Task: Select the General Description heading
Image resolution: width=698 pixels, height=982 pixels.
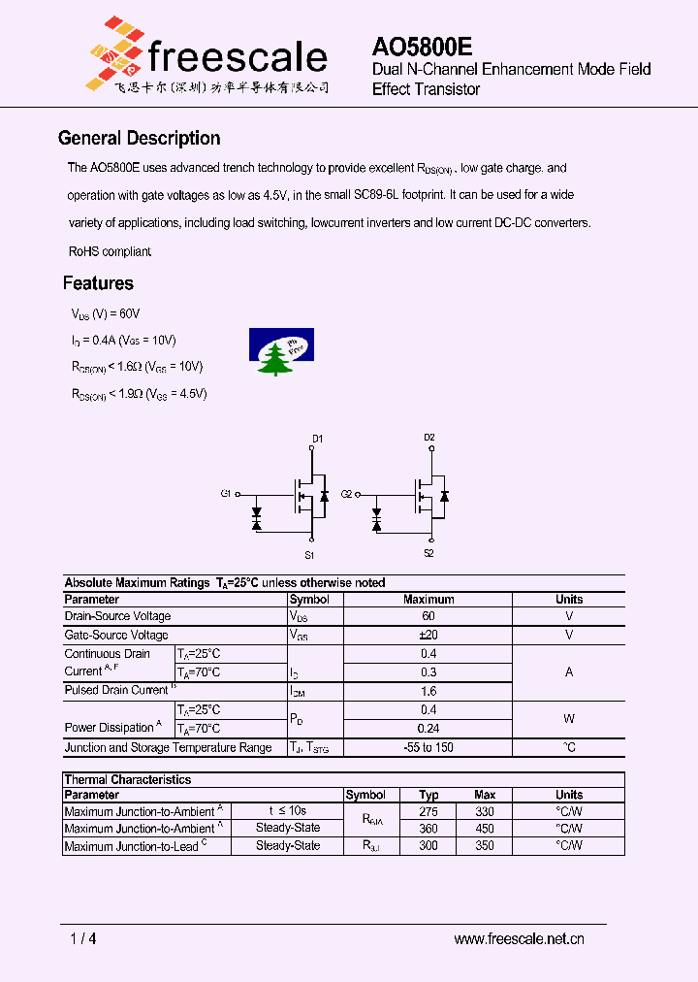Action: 140,138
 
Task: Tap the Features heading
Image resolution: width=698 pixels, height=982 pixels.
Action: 98,283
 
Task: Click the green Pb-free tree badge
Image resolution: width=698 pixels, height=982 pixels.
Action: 281,351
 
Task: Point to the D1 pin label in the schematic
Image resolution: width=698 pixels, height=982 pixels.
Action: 318,439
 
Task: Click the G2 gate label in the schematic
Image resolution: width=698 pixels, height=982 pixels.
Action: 346,494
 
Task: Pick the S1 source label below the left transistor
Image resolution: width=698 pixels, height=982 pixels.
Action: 309,555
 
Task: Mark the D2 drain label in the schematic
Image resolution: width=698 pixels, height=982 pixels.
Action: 429,438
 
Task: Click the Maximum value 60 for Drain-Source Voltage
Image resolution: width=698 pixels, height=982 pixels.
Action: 428,616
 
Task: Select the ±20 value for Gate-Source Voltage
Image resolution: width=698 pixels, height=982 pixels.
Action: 428,635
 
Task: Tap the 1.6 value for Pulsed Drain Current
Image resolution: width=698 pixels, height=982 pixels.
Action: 428,691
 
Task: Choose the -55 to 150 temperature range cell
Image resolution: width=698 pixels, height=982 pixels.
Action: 428,747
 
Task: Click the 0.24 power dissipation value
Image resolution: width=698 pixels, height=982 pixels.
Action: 428,729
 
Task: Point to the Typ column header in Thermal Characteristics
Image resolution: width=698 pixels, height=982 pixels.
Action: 428,795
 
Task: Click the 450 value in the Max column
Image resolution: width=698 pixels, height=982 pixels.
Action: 485,829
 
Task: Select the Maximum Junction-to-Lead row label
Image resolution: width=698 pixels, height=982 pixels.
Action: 134,846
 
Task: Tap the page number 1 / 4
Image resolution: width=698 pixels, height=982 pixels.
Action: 83,938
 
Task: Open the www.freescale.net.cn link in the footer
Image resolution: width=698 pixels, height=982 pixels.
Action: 519,938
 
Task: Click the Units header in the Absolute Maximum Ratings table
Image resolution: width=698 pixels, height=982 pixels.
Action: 569,599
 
